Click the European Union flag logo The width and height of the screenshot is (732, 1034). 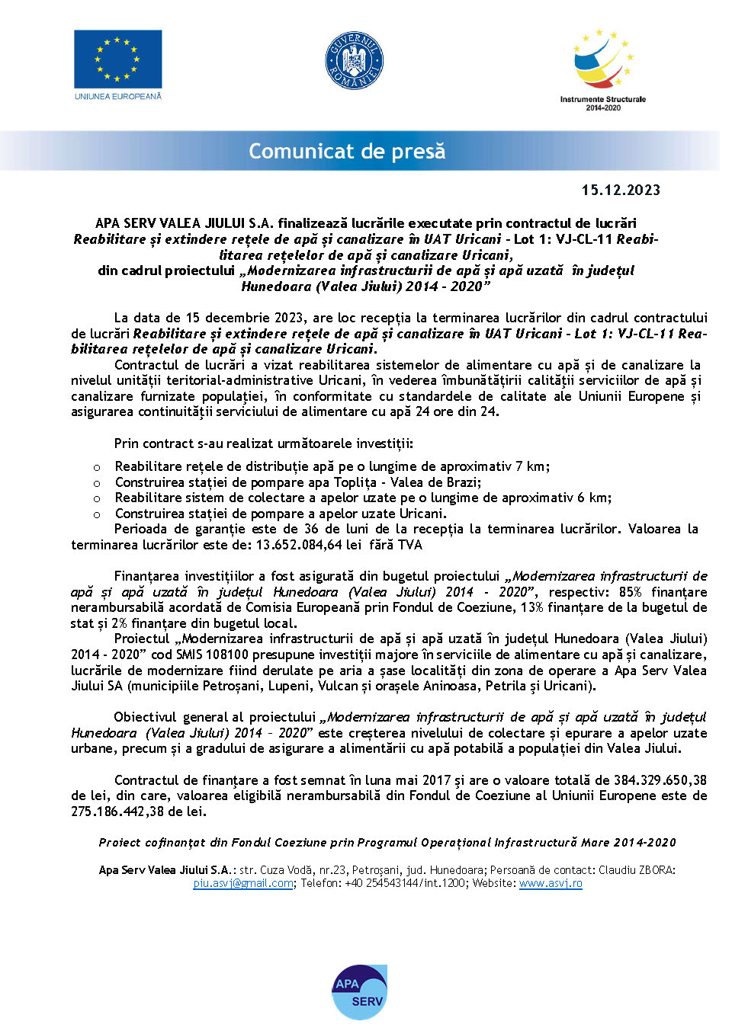117,59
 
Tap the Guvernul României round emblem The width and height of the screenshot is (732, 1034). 354,60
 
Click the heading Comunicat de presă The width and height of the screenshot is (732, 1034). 347,151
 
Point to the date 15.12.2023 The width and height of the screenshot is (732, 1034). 621,190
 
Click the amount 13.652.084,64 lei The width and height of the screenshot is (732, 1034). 309,545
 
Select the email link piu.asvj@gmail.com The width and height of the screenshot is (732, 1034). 243,883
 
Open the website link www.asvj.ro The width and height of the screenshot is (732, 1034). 551,883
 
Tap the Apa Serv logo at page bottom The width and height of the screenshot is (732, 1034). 359,992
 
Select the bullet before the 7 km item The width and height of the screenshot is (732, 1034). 97,467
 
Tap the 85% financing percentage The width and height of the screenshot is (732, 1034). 630,592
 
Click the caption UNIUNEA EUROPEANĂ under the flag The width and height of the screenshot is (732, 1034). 117,97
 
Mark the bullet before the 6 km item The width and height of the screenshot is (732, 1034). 97,498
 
